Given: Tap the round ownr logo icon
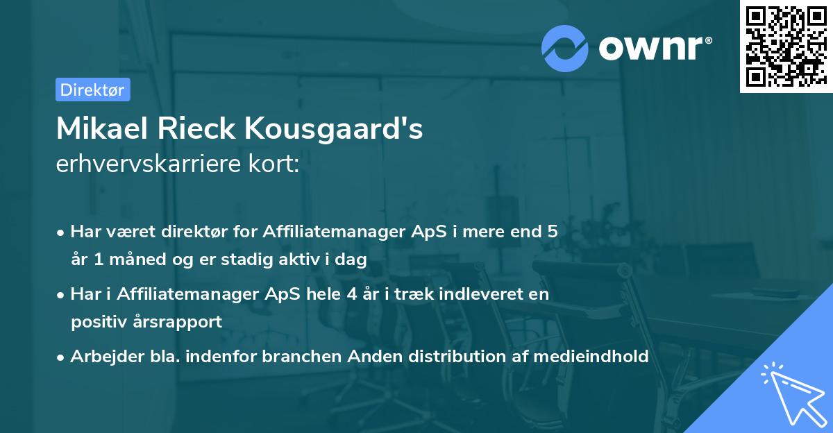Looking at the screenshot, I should click(565, 49).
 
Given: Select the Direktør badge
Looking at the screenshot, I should click(92, 90).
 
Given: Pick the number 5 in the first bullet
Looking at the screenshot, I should click(553, 232).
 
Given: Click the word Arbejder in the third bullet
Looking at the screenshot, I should click(101, 357).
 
